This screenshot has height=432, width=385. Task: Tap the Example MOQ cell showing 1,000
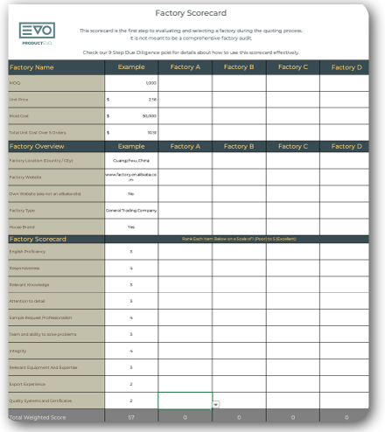tap(131, 82)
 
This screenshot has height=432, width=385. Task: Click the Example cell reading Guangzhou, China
tap(131, 161)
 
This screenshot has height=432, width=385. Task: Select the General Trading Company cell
tap(131, 210)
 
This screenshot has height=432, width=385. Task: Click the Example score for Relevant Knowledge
tap(131, 284)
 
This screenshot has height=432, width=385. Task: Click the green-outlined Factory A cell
tap(185, 401)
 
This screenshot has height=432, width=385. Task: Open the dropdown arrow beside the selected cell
tap(215, 405)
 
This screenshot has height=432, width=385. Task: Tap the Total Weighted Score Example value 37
tap(131, 418)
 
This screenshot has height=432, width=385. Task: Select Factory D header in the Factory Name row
tap(346, 66)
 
